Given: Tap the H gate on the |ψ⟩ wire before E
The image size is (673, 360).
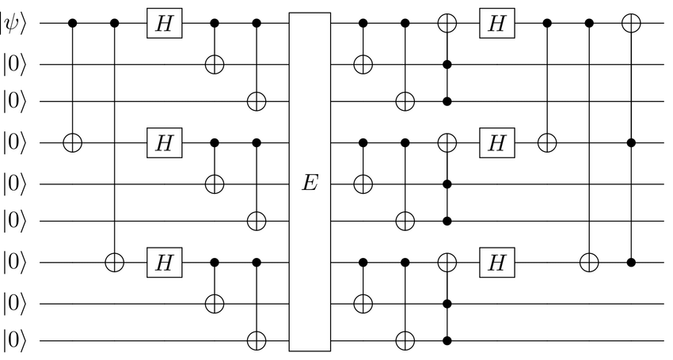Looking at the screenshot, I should point(164,25).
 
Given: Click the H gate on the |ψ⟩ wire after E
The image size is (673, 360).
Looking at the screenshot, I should point(496,25).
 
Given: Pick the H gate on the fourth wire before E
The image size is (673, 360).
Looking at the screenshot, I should point(164,143).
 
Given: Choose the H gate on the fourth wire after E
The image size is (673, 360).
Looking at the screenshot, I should point(496,143).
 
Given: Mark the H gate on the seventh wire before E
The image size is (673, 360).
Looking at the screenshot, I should point(164,262).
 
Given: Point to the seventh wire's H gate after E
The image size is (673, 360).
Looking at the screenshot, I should point(496,262).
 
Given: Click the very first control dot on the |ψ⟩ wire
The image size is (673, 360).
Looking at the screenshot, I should point(73,25).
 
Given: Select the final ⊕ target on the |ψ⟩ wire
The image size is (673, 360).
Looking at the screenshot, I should point(631,25).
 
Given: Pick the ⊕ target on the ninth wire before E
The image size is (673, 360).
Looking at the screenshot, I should point(257,341).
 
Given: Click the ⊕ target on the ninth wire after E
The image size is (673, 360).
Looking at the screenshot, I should point(405,341).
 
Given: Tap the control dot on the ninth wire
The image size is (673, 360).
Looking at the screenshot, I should point(447,341).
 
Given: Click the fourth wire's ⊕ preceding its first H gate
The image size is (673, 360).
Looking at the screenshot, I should point(73,143).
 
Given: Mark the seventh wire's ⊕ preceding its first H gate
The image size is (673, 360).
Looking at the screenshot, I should point(115,262).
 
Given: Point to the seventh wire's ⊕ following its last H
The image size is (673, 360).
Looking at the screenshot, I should point(589,262).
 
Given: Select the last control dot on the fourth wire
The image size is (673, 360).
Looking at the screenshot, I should point(631,143).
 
